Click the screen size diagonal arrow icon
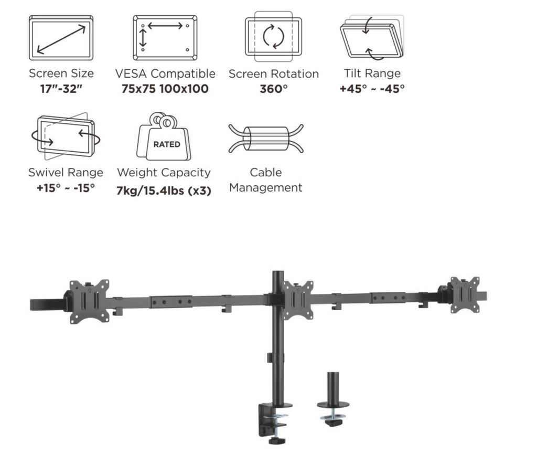[61, 38]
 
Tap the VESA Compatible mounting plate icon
[165, 38]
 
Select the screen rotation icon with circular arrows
[273, 37]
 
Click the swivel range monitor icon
[66, 136]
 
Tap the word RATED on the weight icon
[166, 144]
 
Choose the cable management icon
[266, 138]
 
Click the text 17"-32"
[61, 89]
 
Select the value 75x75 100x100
[165, 89]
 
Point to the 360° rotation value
[273, 89]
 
